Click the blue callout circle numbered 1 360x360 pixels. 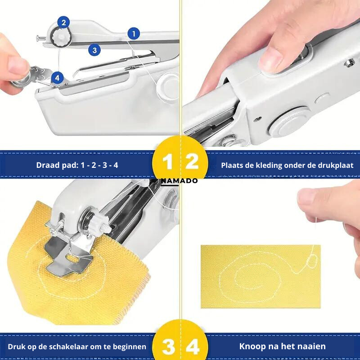tap(134, 34)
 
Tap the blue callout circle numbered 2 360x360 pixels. tap(63, 22)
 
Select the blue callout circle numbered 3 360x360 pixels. tap(94, 50)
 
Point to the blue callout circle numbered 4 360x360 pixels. tap(57, 78)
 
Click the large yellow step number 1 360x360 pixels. tap(167, 162)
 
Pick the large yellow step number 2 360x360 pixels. tap(192, 162)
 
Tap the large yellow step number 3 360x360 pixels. tap(168, 346)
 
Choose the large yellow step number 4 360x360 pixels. tap(193, 346)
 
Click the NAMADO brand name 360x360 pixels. tap(179, 181)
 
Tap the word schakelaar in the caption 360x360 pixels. tap(65, 346)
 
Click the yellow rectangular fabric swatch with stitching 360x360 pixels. tap(261, 276)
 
